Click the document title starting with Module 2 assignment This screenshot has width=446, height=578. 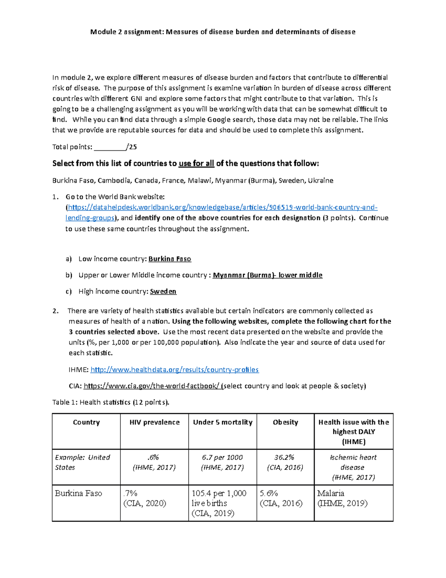pos(223,32)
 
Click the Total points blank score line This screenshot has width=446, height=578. pos(110,147)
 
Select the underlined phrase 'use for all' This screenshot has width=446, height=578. pos(196,163)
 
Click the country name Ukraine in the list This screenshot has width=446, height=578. pos(320,181)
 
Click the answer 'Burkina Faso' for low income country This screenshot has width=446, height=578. pos(170,259)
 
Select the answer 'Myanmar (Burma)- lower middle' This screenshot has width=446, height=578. pos(267,275)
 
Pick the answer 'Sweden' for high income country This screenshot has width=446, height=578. pos(163,291)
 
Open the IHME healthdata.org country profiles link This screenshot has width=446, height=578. pos(175,370)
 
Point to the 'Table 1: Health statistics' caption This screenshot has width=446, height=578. pos(110,402)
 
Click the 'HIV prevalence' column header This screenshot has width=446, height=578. pos(154,422)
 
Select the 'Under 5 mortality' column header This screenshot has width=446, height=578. pos(222,422)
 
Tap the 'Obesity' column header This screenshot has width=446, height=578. pos(285,422)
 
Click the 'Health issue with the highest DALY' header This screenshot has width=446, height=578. pos(353,432)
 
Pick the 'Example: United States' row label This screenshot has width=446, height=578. pos(83,462)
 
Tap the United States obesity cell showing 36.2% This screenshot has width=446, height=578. pos(285,462)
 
